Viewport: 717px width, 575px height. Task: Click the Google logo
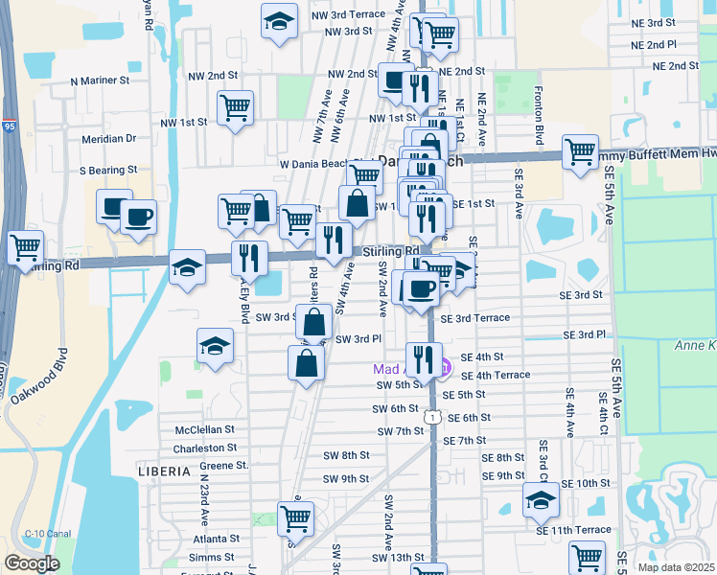pos(32,563)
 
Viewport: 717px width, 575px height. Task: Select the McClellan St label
pos(204,430)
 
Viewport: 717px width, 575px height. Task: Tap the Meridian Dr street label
pos(108,138)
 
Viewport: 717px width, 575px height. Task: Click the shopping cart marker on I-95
pos(25,247)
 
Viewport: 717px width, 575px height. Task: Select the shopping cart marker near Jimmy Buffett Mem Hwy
pos(581,152)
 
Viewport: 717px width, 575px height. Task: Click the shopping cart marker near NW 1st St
pos(235,108)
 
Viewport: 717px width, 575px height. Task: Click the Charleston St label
pos(204,448)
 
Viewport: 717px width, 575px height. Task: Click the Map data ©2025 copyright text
pos(674,566)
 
